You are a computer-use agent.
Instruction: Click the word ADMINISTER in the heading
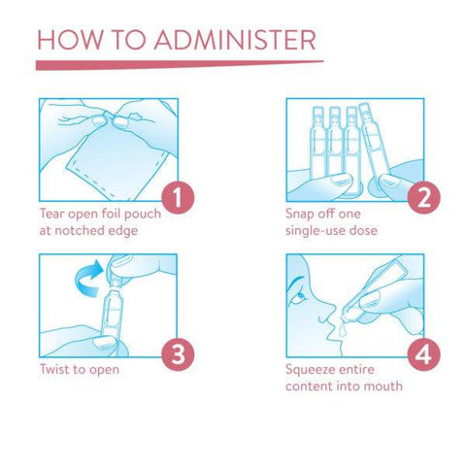click(x=235, y=40)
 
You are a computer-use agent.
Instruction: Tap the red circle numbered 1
click(x=178, y=197)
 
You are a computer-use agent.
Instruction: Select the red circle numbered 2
click(x=423, y=197)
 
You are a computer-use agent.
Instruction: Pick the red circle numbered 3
click(x=178, y=354)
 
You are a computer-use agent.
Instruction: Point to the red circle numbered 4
click(x=423, y=354)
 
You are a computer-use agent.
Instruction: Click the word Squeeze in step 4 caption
click(x=312, y=370)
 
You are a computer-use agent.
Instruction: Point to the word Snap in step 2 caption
click(x=300, y=215)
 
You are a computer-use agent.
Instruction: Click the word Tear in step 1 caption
click(x=52, y=214)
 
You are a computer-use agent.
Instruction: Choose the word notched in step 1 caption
click(x=81, y=230)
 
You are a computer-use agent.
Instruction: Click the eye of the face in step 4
click(x=301, y=295)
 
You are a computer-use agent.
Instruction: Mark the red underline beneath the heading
click(x=180, y=65)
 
